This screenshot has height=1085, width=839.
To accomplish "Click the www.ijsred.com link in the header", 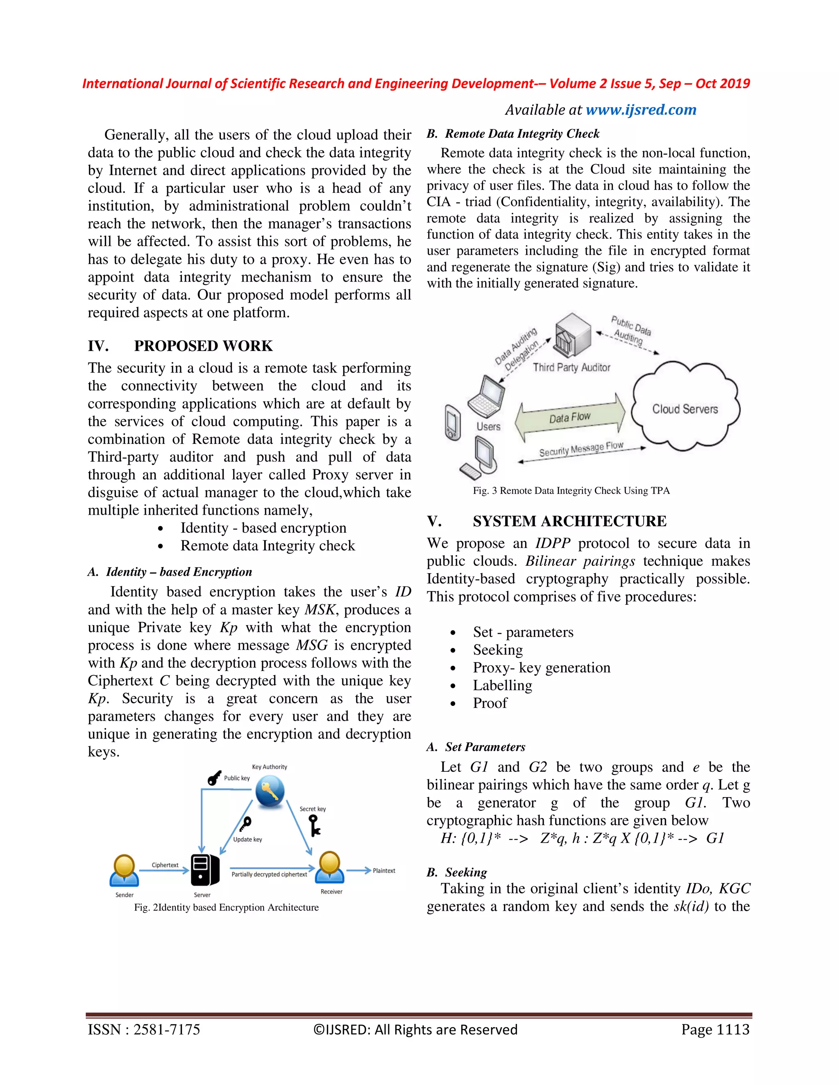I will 641,110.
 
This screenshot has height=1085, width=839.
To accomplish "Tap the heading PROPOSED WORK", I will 203,346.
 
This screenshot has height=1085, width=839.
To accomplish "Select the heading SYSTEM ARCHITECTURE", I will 569,521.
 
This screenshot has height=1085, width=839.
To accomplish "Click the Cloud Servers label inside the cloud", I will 685,409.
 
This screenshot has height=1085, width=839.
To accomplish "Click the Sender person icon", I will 124,870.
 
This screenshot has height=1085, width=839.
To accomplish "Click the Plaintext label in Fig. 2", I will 384,870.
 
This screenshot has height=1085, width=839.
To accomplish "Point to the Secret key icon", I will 314,827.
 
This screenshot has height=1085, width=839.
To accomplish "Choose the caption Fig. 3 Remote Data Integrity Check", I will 571,491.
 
